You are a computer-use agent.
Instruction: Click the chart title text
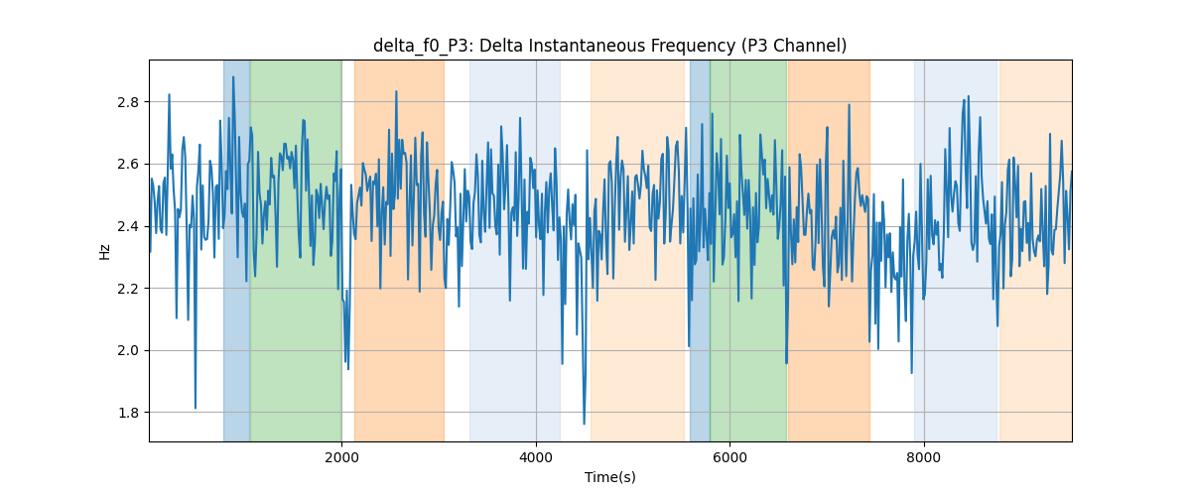[x=609, y=46]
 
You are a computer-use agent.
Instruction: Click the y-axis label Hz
[x=105, y=251]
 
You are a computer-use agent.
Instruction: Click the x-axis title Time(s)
[x=610, y=477]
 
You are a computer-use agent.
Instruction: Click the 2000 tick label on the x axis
[x=341, y=457]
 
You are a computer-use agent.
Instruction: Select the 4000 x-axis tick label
[x=536, y=457]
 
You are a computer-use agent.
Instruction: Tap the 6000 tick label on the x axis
[x=730, y=457]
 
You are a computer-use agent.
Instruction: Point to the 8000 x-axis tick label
[x=924, y=457]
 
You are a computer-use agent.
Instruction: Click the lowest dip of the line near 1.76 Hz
[x=584, y=425]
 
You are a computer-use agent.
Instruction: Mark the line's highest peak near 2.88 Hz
[x=233, y=77]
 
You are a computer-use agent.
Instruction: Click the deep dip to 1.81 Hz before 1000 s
[x=196, y=408]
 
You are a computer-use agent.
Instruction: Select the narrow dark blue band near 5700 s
[x=700, y=251]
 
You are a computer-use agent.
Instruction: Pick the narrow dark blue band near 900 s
[x=236, y=251]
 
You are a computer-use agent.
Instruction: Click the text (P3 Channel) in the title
[x=794, y=47]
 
